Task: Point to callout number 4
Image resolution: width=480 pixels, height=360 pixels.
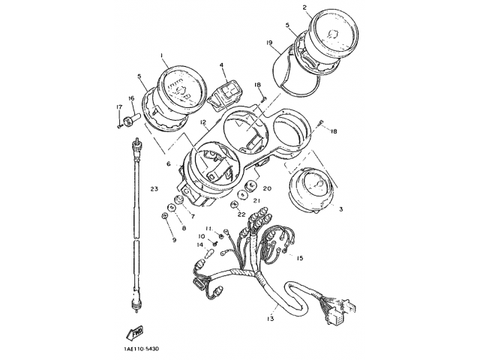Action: [222, 65]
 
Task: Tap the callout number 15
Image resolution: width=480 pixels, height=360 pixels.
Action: [299, 259]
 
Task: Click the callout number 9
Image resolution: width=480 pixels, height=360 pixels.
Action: [174, 240]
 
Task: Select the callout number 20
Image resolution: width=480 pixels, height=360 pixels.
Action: [267, 188]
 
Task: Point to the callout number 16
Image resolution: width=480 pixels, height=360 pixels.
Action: [130, 98]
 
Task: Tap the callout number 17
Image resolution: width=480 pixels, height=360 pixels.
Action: [118, 108]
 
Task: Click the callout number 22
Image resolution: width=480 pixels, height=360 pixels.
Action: [241, 214]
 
